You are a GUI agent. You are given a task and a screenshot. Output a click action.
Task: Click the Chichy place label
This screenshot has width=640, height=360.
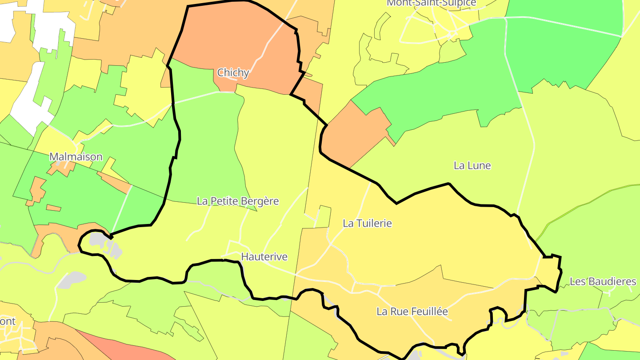click(x=233, y=72)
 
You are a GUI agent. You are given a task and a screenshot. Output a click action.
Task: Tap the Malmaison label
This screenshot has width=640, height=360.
click(x=76, y=156)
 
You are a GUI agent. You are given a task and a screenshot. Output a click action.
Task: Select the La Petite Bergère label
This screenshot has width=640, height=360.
click(x=238, y=201)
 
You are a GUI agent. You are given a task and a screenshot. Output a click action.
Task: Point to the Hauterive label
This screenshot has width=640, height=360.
click(x=264, y=256)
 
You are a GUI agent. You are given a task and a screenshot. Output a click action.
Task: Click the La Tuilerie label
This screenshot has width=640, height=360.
click(x=367, y=223)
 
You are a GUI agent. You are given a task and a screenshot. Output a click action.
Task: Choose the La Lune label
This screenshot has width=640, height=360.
click(x=472, y=165)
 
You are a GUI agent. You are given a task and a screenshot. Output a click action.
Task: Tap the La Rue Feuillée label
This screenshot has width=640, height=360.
click(x=412, y=312)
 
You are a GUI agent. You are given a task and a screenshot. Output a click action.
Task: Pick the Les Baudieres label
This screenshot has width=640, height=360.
click(x=603, y=281)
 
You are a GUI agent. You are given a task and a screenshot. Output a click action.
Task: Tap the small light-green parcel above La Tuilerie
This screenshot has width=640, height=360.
click(x=324, y=216)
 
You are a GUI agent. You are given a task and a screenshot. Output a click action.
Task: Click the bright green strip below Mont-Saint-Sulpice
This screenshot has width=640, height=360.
click(x=436, y=89)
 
